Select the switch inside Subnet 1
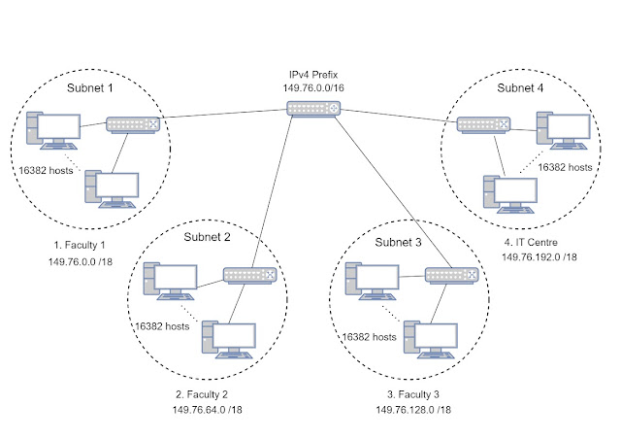coord(133,124)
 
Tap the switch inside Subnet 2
coord(250,275)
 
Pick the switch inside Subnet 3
coord(453,275)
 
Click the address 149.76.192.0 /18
coord(539,257)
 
